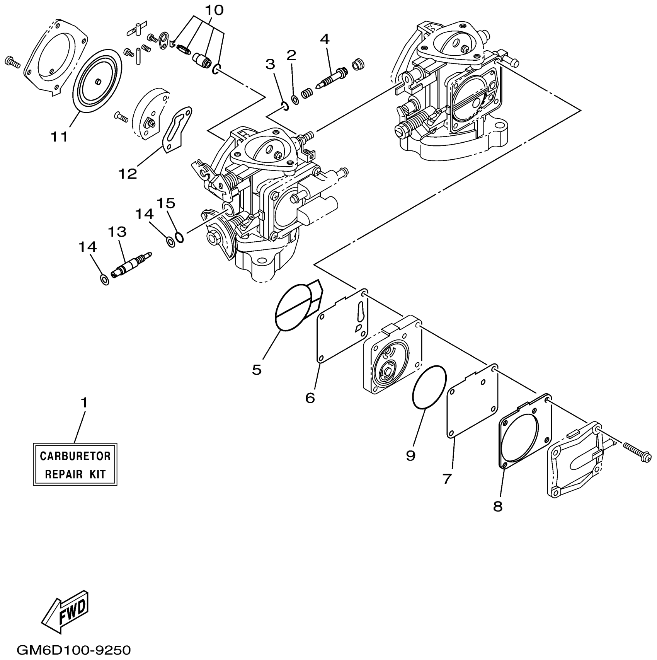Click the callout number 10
pyautogui.click(x=214, y=10)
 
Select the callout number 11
pyautogui.click(x=60, y=136)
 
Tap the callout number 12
pyautogui.click(x=128, y=174)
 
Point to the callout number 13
pyautogui.click(x=117, y=232)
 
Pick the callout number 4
pyautogui.click(x=324, y=39)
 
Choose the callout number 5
pyautogui.click(x=257, y=370)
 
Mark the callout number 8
pyautogui.click(x=498, y=506)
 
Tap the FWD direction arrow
pyautogui.click(x=68, y=613)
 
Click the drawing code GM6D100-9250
pyautogui.click(x=74, y=650)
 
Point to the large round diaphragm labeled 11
pyautogui.click(x=97, y=80)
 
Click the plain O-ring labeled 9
pyautogui.click(x=429, y=386)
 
